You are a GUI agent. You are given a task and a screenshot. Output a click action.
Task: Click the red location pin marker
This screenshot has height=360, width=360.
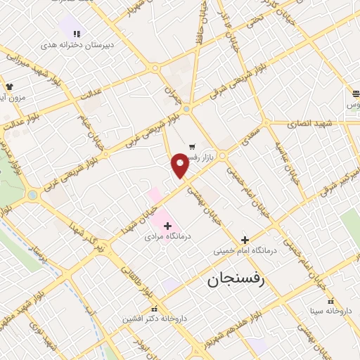[180, 165]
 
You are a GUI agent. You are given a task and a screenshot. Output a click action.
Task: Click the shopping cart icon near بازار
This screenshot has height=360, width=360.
[191, 146]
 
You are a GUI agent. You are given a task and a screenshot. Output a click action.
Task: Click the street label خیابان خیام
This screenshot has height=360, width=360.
[94, 127]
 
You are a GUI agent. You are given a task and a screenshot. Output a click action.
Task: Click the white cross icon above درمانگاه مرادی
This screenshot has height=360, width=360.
[167, 225]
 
